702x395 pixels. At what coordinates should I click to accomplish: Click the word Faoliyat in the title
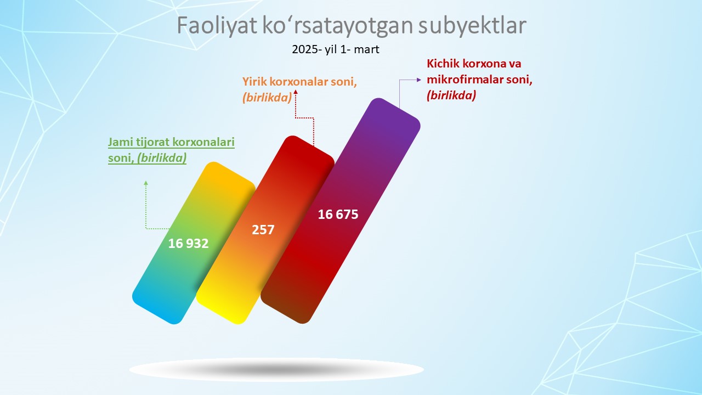click(217, 25)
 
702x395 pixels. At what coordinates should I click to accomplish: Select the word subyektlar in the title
click(472, 25)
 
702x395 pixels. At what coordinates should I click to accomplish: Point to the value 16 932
click(188, 244)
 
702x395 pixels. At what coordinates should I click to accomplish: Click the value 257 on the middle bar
click(263, 230)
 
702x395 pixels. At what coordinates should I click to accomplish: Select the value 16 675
click(338, 215)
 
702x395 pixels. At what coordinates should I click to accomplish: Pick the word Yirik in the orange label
click(254, 82)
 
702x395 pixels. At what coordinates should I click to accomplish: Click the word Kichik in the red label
click(443, 64)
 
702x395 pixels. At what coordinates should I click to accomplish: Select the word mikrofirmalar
click(462, 80)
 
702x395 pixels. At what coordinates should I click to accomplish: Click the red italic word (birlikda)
click(451, 95)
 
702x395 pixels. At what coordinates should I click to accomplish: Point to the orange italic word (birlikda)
click(267, 98)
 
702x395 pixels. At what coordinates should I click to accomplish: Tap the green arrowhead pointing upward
click(146, 183)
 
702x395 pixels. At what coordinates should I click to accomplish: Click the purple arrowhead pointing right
click(419, 80)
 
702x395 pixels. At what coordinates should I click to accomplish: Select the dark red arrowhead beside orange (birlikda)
click(296, 92)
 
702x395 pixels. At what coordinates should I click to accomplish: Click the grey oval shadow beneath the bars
click(276, 370)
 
